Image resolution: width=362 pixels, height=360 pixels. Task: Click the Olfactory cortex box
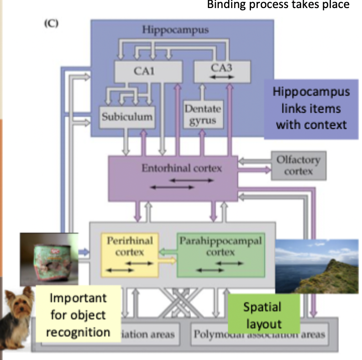click(x=298, y=165)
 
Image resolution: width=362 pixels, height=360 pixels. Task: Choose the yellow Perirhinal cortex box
click(x=130, y=254)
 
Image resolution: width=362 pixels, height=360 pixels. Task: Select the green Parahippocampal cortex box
click(x=221, y=254)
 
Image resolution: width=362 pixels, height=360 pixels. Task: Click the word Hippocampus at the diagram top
click(x=174, y=30)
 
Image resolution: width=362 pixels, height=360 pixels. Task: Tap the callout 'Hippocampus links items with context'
click(x=311, y=108)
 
